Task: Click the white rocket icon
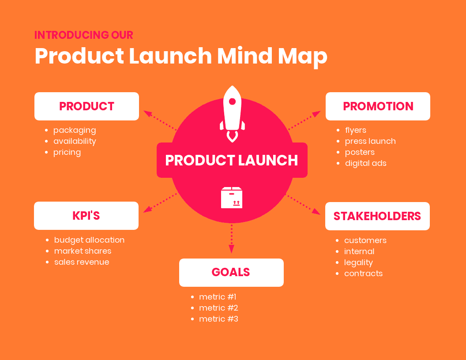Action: tap(232, 112)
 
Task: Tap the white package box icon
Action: tap(232, 198)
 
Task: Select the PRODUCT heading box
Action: tap(86, 106)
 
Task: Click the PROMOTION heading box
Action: tap(378, 106)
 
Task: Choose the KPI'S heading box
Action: tap(86, 216)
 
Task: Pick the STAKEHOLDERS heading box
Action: tap(377, 216)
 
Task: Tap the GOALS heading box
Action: tap(231, 272)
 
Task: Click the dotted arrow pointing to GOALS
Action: tap(231, 239)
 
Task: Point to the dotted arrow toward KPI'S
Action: tap(159, 203)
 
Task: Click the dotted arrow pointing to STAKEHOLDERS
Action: tap(304, 205)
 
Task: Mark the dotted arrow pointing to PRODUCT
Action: tap(160, 120)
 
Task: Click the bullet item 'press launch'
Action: tap(370, 141)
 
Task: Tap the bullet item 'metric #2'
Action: tap(218, 308)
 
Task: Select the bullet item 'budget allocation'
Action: tap(89, 240)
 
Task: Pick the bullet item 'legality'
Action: tap(358, 262)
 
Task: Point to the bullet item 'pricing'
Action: tap(67, 152)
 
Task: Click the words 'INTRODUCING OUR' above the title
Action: tap(84, 35)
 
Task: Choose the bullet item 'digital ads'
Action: tap(365, 163)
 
